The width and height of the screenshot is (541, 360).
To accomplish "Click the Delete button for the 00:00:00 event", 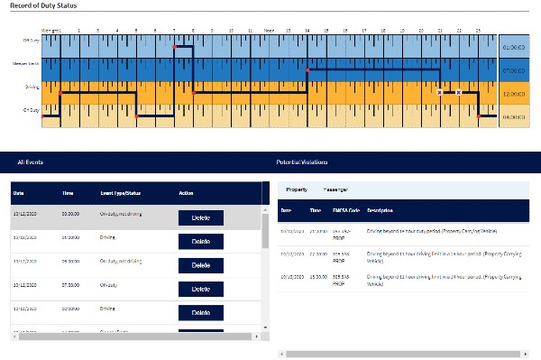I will (200, 217).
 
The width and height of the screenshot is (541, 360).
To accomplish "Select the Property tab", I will (297, 189).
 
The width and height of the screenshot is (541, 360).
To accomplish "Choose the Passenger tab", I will (335, 189).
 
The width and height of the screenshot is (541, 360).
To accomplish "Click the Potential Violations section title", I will (302, 162).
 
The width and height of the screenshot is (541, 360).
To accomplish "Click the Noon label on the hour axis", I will (269, 30).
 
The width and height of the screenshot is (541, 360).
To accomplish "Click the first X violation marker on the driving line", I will (439, 92).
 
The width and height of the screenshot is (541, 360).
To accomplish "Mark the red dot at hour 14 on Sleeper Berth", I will (307, 69).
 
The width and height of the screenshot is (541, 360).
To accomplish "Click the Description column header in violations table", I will (381, 210).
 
